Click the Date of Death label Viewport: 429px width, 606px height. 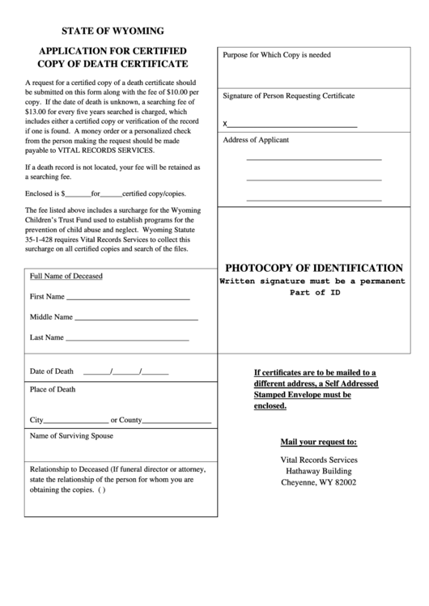(52, 371)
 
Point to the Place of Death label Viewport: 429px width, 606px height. (53, 389)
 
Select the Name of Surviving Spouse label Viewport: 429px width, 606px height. (71, 436)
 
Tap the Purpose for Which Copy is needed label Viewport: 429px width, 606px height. (277, 55)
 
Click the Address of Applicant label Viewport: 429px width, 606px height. (256, 140)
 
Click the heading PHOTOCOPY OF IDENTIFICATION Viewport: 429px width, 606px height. (314, 268)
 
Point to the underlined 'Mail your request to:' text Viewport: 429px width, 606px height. (318, 443)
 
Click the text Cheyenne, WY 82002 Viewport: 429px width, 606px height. (318, 483)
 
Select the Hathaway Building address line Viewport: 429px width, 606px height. (318, 471)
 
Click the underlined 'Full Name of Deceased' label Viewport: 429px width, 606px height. (66, 276)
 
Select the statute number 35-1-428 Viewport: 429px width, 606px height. (47, 239)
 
